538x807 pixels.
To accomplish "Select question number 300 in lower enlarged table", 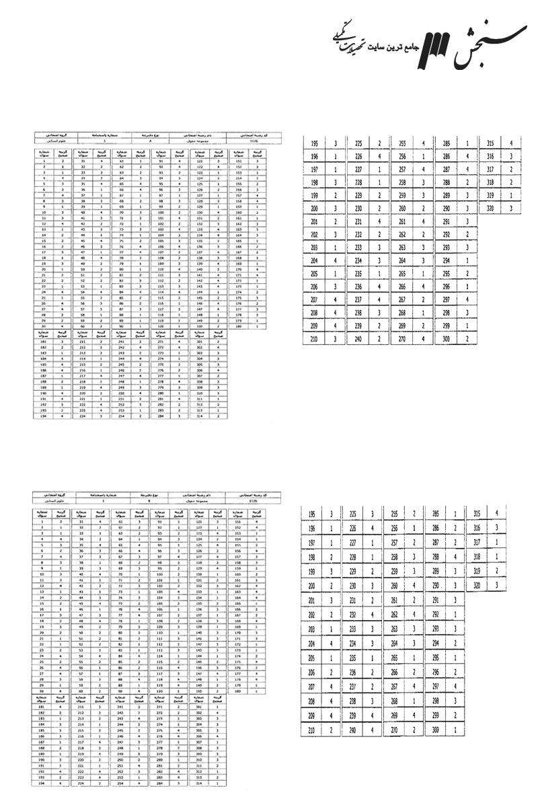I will coord(436,730).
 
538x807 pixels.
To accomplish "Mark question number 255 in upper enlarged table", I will coord(402,143).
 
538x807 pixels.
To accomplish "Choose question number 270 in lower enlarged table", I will coord(396,730).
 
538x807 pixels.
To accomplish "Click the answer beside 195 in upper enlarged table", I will coord(335,143).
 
